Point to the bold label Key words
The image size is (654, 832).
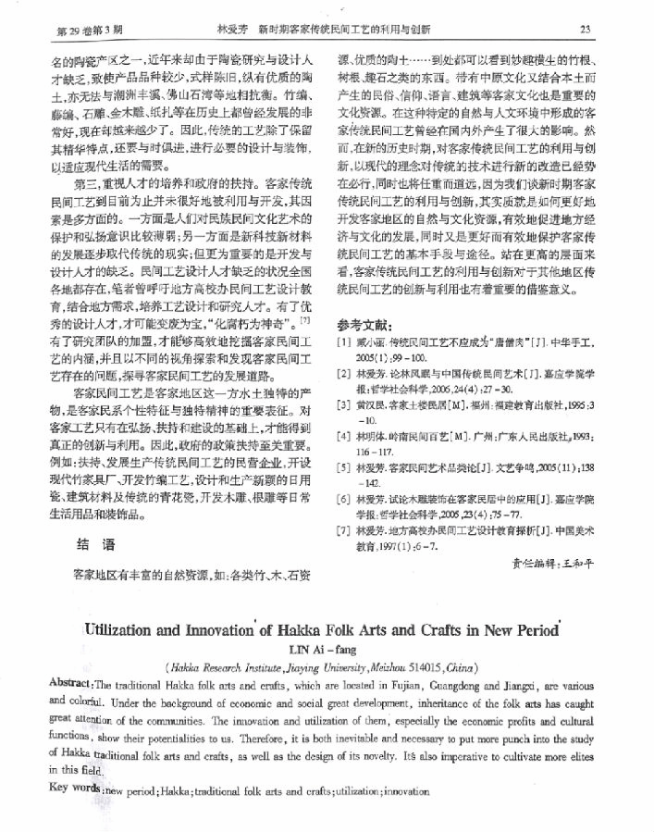[75, 791]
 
